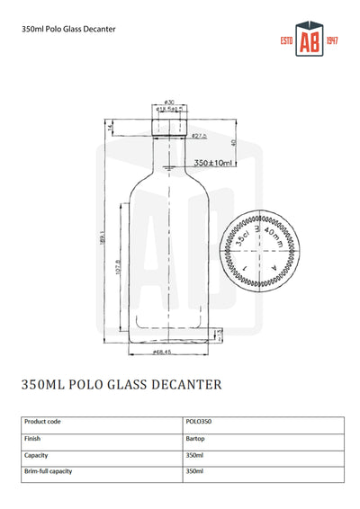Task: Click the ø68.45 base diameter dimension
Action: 163,352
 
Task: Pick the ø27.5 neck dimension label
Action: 198,136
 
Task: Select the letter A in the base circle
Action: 274,267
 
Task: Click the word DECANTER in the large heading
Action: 179,384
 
